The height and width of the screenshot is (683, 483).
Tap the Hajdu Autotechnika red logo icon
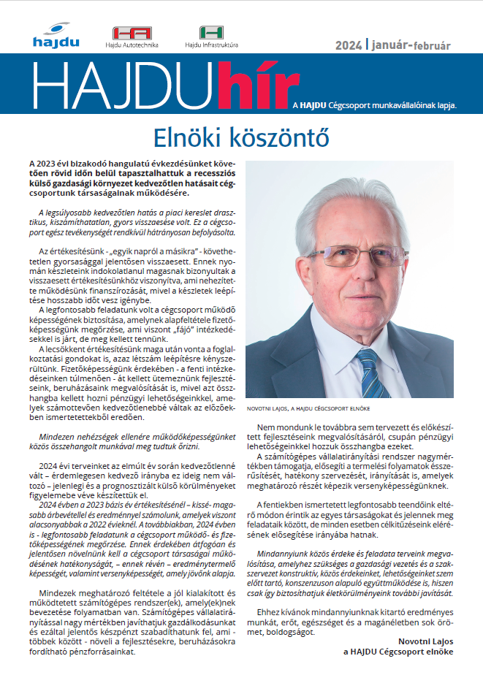[132, 33]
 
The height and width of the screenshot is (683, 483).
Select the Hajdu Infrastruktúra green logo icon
[211, 32]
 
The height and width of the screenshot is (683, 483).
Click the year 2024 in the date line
[349, 45]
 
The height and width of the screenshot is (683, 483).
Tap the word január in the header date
[392, 45]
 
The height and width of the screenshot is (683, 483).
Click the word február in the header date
[433, 45]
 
